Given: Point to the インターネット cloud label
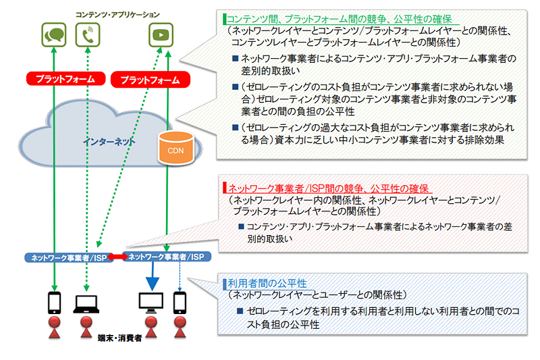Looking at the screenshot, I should (x=109, y=143).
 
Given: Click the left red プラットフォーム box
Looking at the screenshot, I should (x=60, y=79).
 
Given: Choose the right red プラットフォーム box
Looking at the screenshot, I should (x=149, y=80).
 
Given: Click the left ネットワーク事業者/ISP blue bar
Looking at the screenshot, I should (x=66, y=257).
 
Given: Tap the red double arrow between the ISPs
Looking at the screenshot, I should (x=117, y=257).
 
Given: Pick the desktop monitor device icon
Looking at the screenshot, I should (x=151, y=302).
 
